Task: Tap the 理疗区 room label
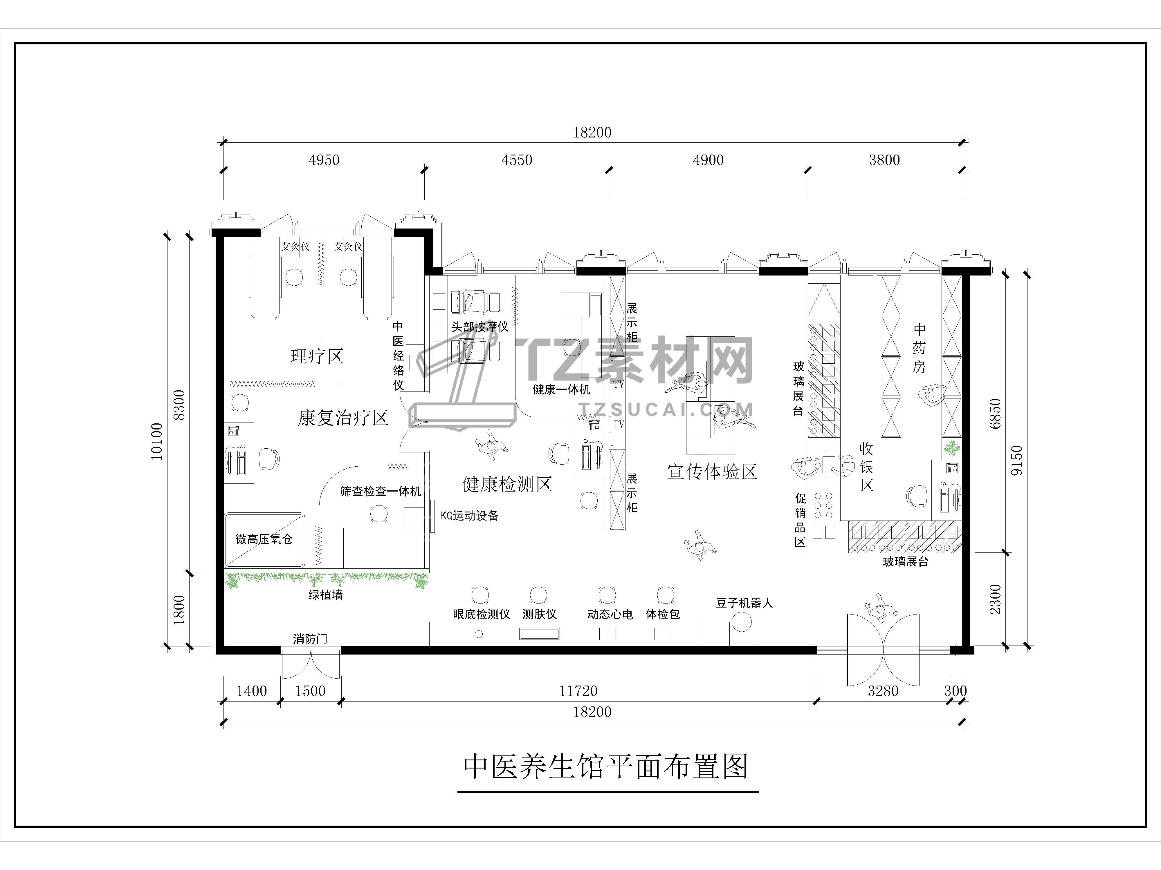click(317, 357)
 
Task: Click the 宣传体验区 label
click(712, 472)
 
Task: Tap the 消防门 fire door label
click(310, 639)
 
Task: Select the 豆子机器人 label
click(744, 603)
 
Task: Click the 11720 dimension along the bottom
click(578, 691)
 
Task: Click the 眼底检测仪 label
click(481, 614)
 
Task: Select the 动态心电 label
click(610, 614)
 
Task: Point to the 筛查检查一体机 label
click(381, 491)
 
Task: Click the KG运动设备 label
click(469, 516)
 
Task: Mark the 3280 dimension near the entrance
click(883, 691)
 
